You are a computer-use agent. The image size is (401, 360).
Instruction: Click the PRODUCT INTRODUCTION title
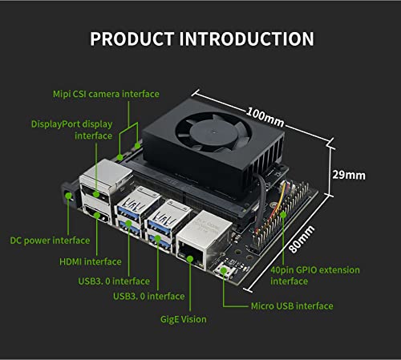(x=200, y=38)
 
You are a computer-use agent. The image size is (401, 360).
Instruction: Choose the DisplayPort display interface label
(x=71, y=130)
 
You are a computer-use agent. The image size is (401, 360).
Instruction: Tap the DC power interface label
(x=50, y=240)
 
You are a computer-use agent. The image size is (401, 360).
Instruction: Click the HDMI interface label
(x=91, y=261)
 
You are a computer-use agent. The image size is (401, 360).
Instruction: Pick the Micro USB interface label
(x=290, y=305)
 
